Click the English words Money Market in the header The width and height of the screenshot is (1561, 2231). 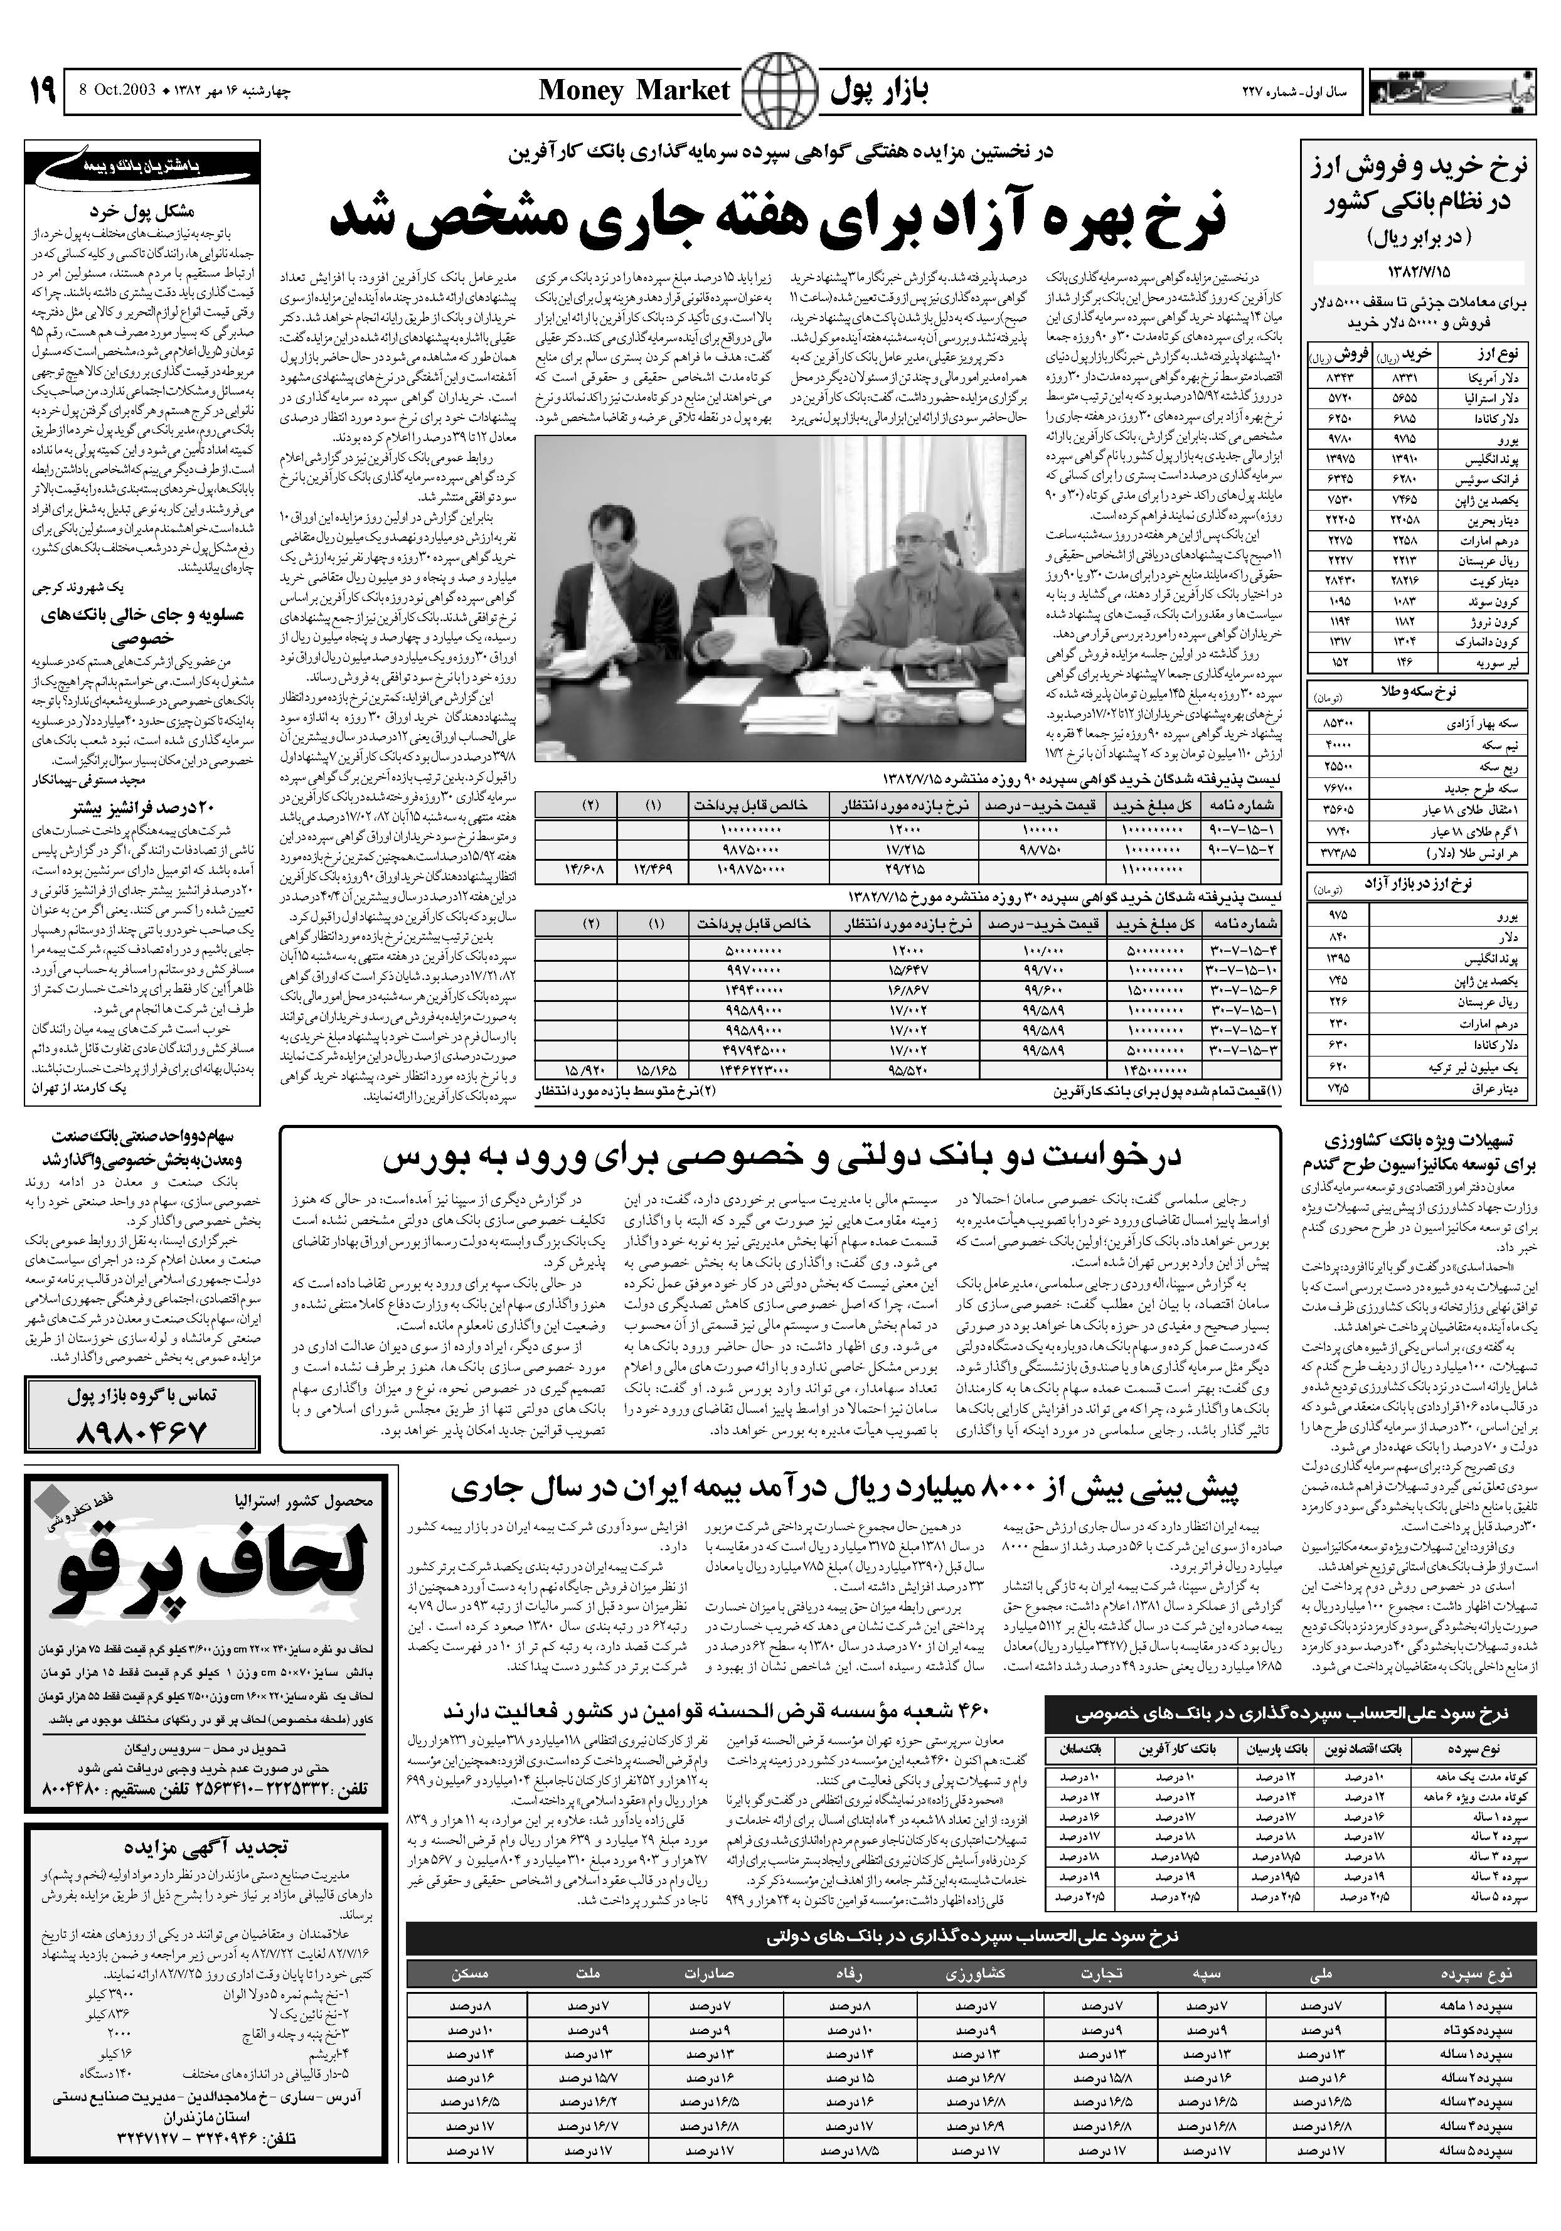coord(634,92)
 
